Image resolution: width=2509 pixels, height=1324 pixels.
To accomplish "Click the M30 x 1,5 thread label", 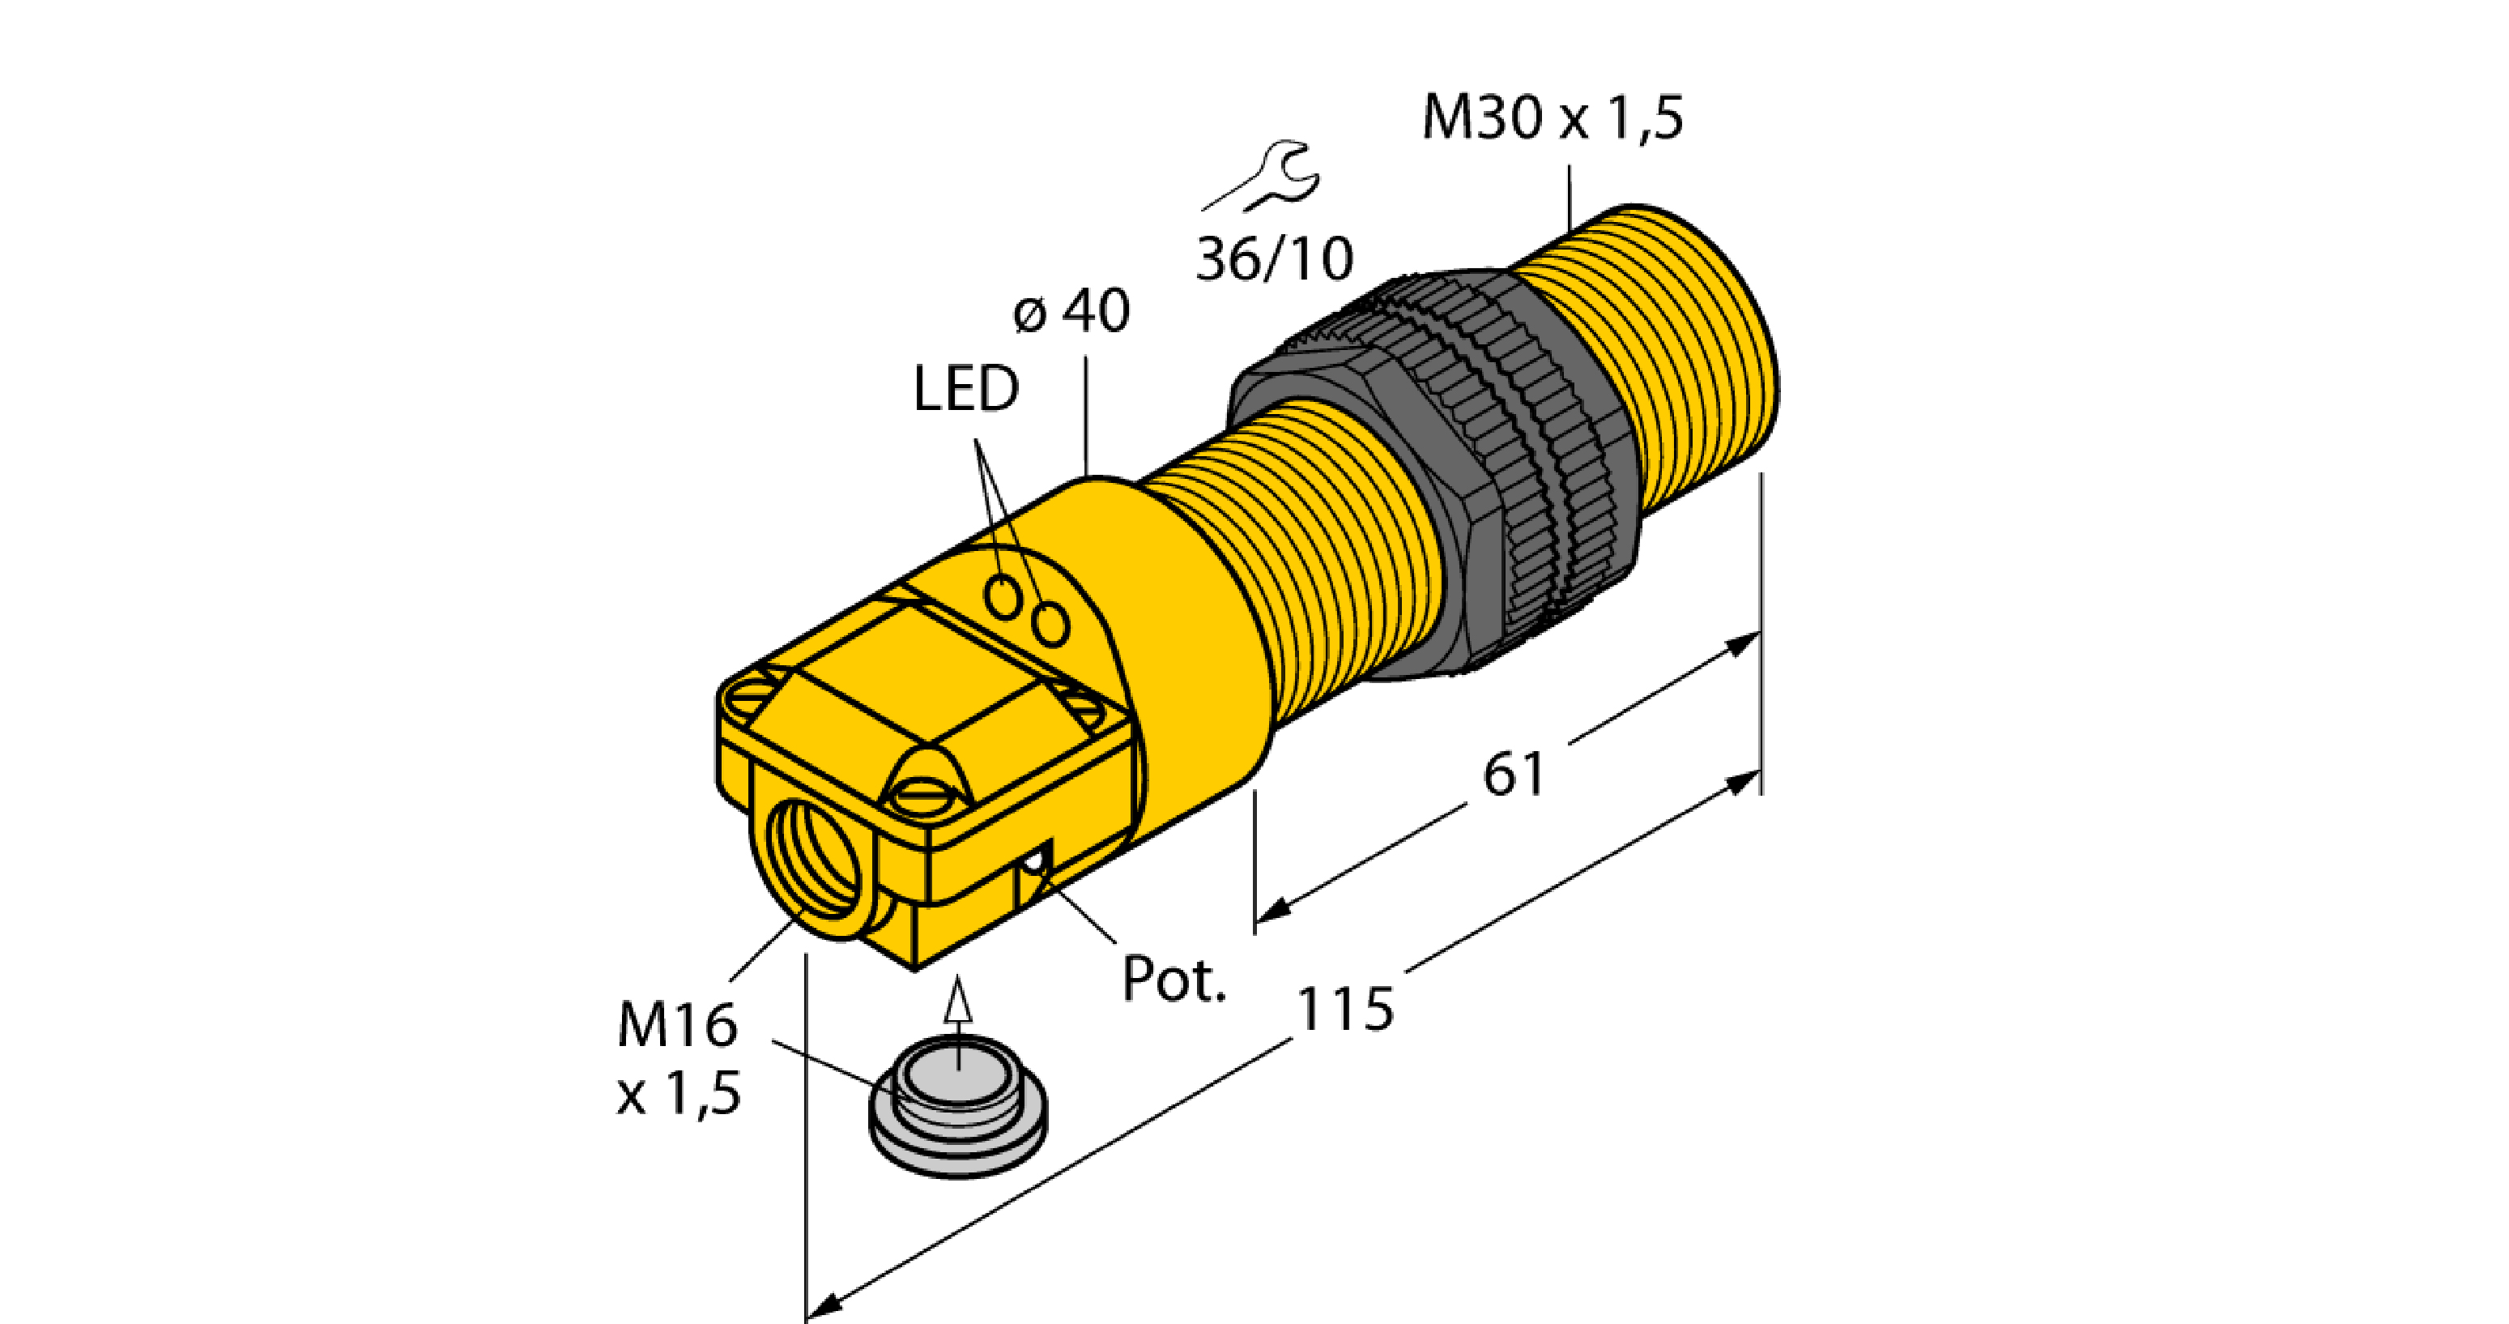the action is click(1552, 117).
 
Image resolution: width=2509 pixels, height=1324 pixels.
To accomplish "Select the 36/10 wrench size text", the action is click(1274, 259).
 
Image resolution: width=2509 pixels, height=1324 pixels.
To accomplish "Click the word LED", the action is click(965, 388).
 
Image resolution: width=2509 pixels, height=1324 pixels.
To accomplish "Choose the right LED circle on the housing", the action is click(1051, 624).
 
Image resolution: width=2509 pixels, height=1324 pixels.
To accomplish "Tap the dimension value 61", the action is click(1514, 775).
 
